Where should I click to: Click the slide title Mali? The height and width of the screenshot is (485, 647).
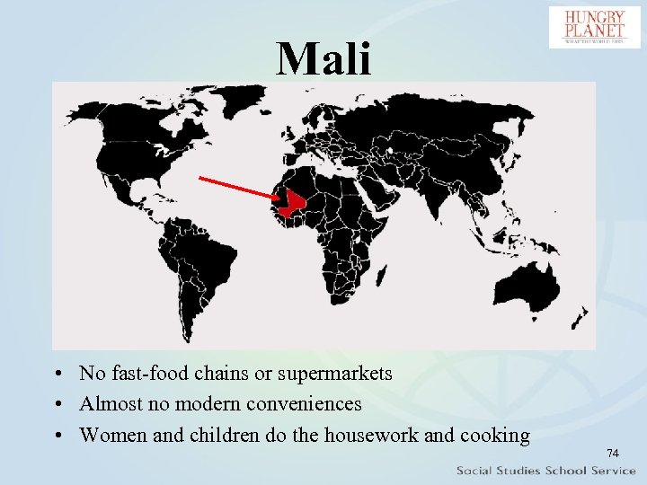(323, 58)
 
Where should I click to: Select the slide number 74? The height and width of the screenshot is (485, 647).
(613, 454)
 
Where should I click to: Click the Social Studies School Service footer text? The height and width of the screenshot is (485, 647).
(545, 471)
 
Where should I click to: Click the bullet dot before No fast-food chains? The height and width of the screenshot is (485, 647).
(57, 374)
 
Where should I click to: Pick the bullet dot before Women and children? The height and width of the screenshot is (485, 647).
(57, 436)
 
